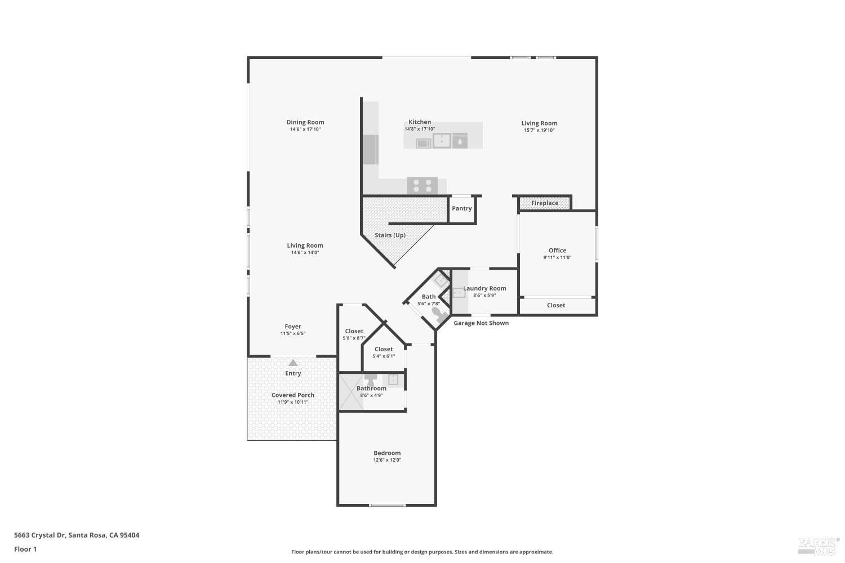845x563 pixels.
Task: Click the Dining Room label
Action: click(305, 122)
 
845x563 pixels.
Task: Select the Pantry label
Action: click(461, 208)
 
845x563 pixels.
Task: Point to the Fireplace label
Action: click(545, 203)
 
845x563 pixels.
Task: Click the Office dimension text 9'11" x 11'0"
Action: click(557, 258)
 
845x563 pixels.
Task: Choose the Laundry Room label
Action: click(484, 288)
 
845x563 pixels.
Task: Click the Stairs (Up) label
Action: click(390, 235)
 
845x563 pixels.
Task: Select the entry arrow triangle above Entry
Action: click(293, 363)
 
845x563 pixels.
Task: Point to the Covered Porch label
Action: click(293, 395)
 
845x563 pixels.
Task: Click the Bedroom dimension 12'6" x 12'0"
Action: click(387, 461)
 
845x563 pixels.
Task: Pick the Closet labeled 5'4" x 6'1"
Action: click(384, 349)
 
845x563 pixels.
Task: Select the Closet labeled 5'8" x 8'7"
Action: click(354, 331)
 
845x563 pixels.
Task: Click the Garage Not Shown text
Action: click(481, 323)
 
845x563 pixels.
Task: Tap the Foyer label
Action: click(293, 327)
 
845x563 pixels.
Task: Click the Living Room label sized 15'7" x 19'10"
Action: click(539, 123)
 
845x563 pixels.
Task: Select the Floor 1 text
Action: click(25, 549)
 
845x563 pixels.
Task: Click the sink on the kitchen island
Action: click(442, 141)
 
